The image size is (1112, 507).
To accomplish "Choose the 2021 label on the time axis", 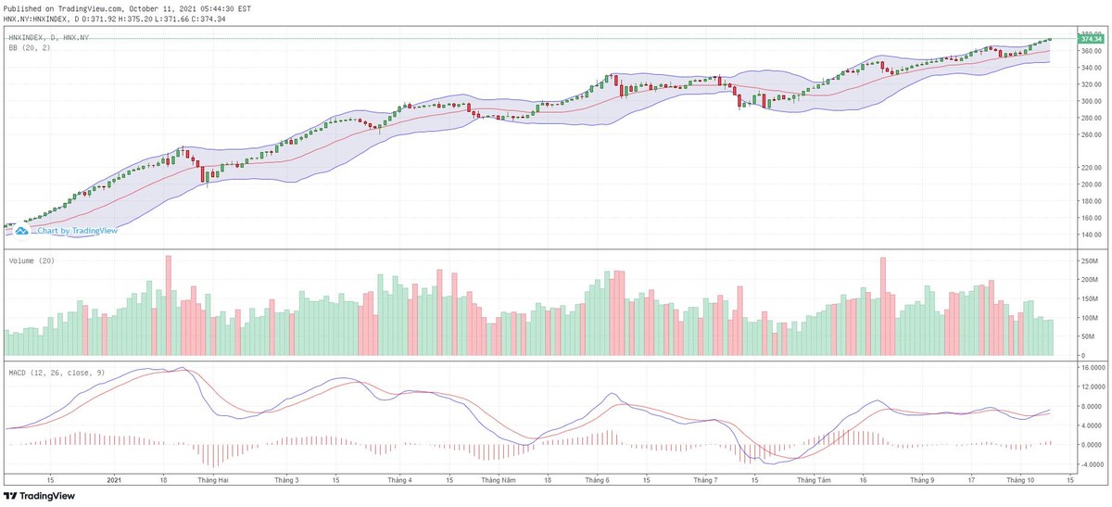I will pos(114,480).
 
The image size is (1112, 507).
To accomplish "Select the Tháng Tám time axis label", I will pos(812,480).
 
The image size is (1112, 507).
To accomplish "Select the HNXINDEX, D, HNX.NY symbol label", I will pos(48,37).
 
